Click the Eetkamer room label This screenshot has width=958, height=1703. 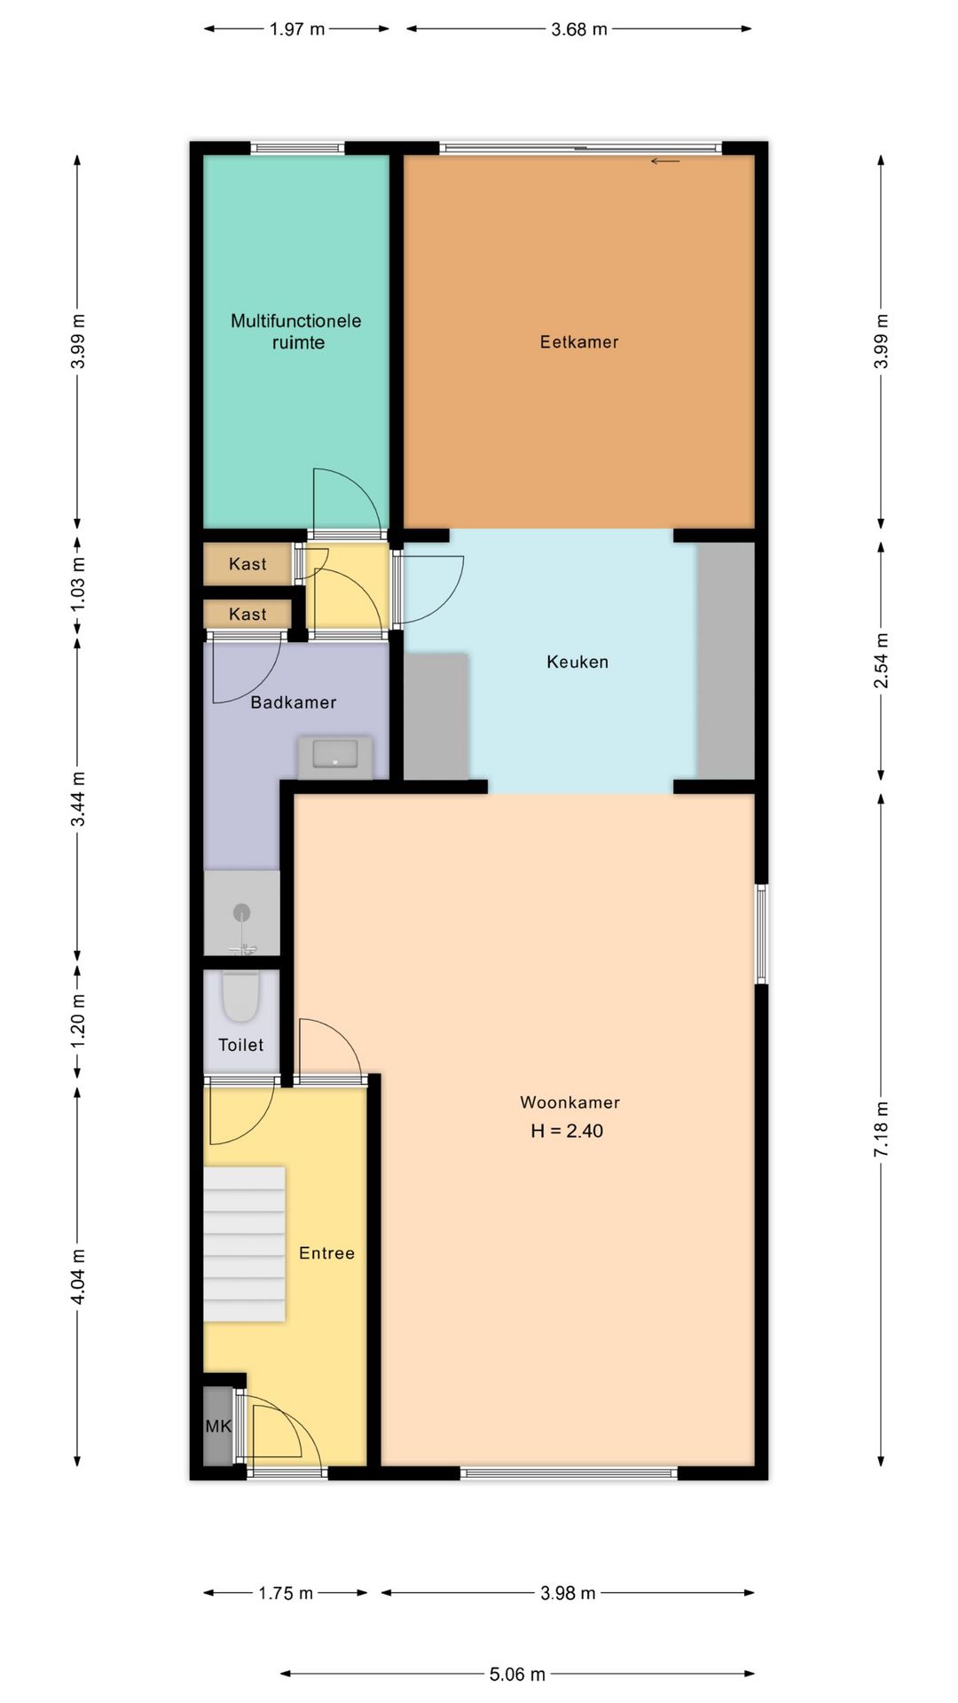579,341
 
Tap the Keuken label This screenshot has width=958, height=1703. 577,662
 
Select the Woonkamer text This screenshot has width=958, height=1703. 569,1103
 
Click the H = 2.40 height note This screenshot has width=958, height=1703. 567,1131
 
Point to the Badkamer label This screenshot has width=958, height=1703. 294,702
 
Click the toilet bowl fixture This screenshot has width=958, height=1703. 240,996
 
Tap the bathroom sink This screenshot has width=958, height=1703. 335,756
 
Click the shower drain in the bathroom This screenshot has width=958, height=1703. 241,912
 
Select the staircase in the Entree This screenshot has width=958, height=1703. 245,1244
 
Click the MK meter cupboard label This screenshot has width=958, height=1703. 218,1426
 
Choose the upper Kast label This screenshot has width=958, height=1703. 247,564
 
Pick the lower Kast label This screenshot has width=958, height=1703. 247,614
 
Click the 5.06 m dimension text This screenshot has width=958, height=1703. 517,1674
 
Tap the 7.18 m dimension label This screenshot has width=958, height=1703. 881,1128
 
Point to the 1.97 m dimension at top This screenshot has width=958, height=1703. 297,29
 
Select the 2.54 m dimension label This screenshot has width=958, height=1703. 881,661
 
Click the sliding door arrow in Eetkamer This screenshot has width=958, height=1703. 665,161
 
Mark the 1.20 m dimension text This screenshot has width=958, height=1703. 78,1020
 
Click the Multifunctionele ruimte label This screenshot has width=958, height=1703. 296,332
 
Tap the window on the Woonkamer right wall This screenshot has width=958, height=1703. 761,933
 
